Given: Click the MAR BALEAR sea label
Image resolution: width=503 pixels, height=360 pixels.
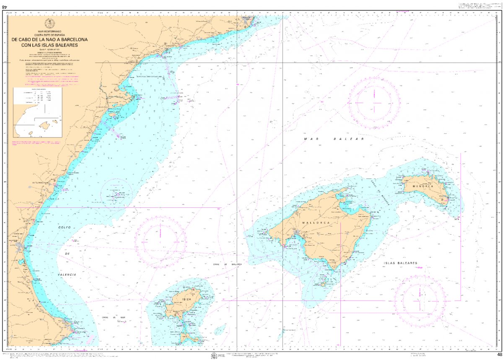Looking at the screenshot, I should (x=334, y=138).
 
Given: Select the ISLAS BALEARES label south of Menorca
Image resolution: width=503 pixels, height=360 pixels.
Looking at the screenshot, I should (x=400, y=263).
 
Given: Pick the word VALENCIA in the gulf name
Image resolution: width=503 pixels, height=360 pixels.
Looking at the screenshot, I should (x=67, y=274).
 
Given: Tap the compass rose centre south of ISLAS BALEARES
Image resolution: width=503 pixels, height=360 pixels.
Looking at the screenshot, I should (x=419, y=301).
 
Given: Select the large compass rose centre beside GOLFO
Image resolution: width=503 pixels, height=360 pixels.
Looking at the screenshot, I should (x=160, y=241).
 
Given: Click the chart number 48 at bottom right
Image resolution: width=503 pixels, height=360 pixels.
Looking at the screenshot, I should (x=498, y=355).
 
